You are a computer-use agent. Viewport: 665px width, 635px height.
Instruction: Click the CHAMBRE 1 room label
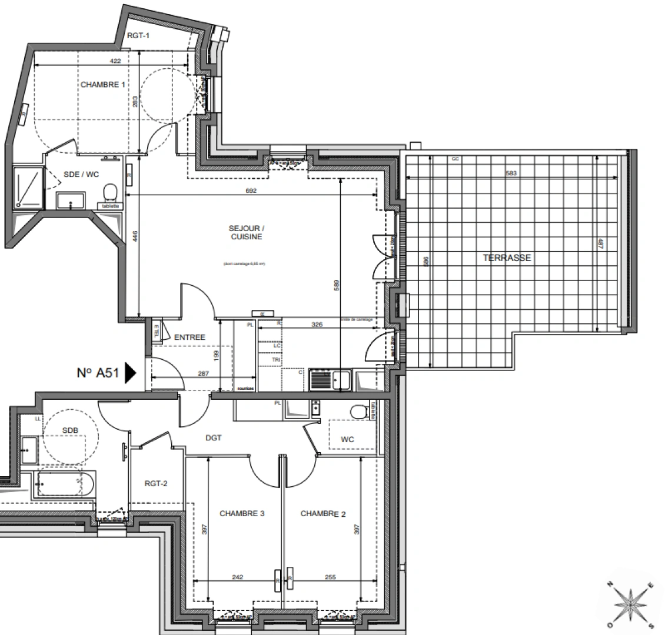click(x=103, y=85)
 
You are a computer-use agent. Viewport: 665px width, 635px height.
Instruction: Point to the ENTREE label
click(x=189, y=337)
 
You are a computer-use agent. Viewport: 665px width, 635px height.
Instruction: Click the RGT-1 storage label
click(x=139, y=36)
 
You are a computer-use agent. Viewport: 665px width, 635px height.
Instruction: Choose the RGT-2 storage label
click(x=157, y=484)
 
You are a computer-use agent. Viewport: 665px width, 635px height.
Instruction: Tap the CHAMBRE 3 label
click(x=241, y=513)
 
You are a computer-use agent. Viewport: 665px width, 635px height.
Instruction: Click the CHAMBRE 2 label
click(x=323, y=514)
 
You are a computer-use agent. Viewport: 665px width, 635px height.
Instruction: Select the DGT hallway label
click(x=213, y=437)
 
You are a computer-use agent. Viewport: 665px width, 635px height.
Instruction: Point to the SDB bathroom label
click(x=70, y=430)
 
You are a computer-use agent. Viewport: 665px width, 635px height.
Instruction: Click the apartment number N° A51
click(x=98, y=372)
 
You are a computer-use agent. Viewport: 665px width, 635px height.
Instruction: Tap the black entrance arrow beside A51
click(x=131, y=372)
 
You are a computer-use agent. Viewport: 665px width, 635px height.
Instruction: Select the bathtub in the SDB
click(x=65, y=484)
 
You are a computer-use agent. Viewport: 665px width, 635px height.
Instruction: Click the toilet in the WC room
click(x=356, y=412)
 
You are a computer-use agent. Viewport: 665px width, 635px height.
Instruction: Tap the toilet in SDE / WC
click(x=109, y=192)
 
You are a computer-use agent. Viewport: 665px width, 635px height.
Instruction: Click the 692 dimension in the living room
click(x=252, y=190)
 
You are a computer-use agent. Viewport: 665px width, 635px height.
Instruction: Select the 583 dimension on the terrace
click(x=510, y=172)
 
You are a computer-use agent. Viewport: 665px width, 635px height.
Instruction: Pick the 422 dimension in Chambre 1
click(x=115, y=61)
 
